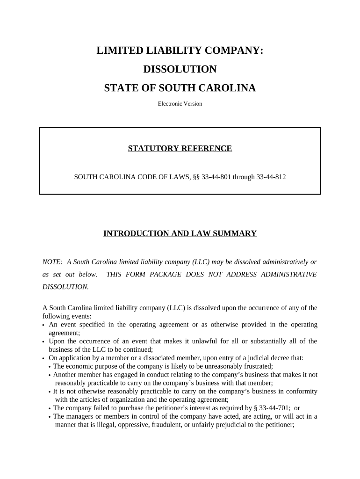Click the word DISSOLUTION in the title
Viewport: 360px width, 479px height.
tap(180, 70)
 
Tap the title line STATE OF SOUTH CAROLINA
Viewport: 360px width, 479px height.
tap(180, 88)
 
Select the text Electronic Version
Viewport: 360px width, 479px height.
tap(180, 104)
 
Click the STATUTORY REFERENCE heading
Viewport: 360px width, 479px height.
tap(180, 149)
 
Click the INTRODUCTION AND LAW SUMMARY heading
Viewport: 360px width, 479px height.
tap(180, 233)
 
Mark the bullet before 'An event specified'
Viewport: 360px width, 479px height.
tap(43, 325)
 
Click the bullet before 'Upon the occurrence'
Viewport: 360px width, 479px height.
tap(43, 342)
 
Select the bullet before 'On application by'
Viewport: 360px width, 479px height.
tap(43, 359)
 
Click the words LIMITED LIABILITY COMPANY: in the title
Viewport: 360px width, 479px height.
tap(180, 51)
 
